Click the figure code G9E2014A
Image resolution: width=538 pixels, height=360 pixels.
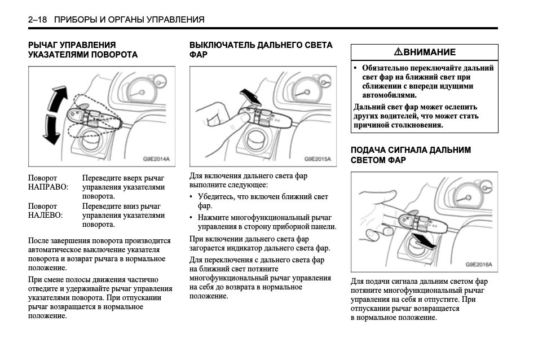(x=156, y=160)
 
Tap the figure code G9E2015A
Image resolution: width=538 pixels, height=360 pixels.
(x=317, y=160)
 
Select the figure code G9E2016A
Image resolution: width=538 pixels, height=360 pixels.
(x=479, y=264)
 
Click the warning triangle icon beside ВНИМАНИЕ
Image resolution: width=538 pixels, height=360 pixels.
(x=398, y=52)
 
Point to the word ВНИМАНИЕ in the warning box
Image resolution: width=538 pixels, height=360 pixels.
(x=429, y=52)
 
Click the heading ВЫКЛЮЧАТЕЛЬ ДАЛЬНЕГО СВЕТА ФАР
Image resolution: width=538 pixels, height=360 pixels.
(x=261, y=50)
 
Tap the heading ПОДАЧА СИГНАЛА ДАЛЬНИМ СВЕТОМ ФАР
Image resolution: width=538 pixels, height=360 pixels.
(x=411, y=155)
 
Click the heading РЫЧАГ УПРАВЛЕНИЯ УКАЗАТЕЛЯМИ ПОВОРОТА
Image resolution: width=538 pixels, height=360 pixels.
(x=83, y=50)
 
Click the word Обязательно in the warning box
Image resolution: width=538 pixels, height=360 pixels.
(x=386, y=68)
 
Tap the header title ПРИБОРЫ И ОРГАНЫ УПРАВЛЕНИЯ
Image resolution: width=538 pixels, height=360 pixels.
(x=129, y=20)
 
